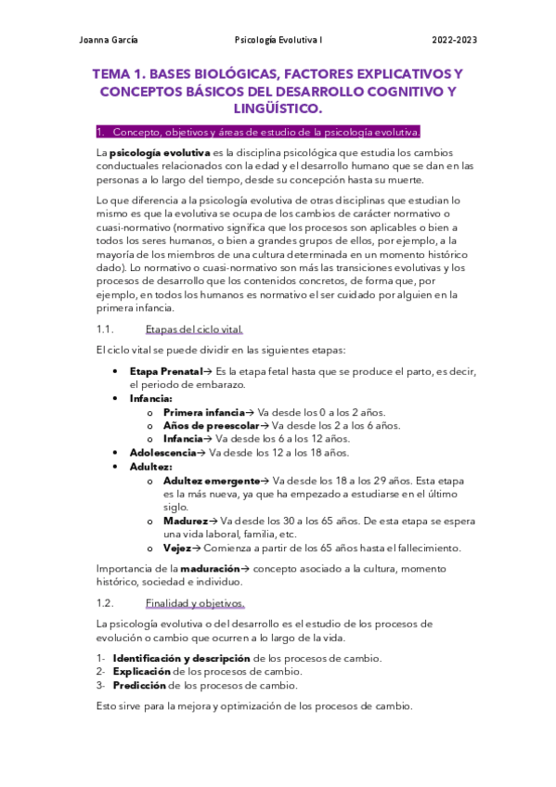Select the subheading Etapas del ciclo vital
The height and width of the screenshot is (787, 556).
tap(194, 329)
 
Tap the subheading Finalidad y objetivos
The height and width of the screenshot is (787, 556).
tap(194, 603)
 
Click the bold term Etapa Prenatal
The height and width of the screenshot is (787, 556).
tap(165, 371)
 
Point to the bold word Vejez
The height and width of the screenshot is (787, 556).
tap(178, 548)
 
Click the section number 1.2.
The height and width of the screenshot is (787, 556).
tap(105, 603)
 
